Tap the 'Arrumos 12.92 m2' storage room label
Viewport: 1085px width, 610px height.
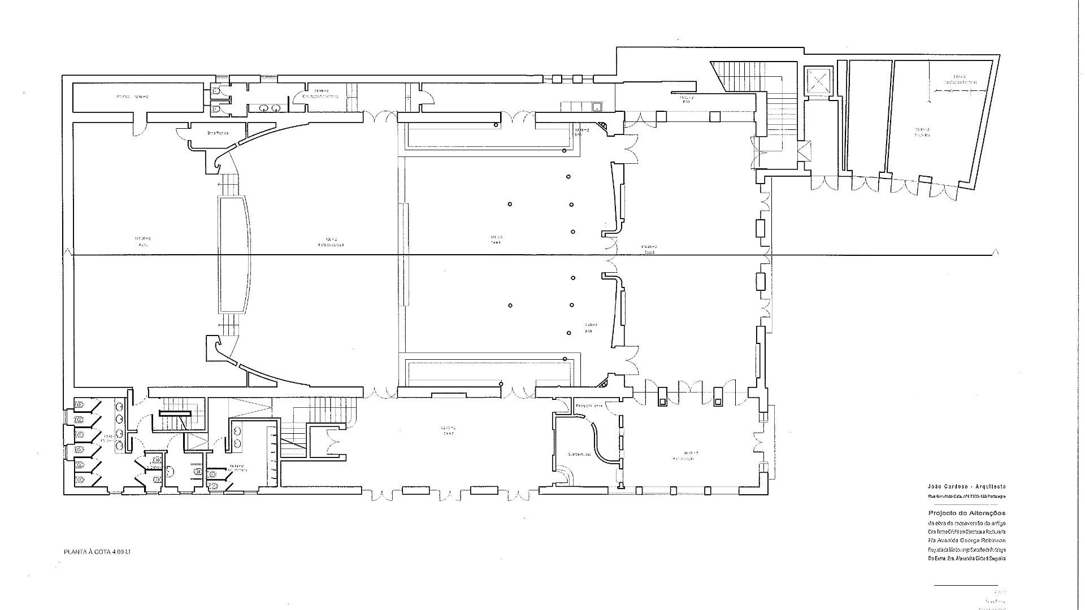coord(130,97)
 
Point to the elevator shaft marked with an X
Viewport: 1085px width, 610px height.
coord(818,81)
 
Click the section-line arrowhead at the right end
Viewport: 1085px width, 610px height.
coord(996,252)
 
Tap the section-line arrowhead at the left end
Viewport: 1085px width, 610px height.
coord(68,252)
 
